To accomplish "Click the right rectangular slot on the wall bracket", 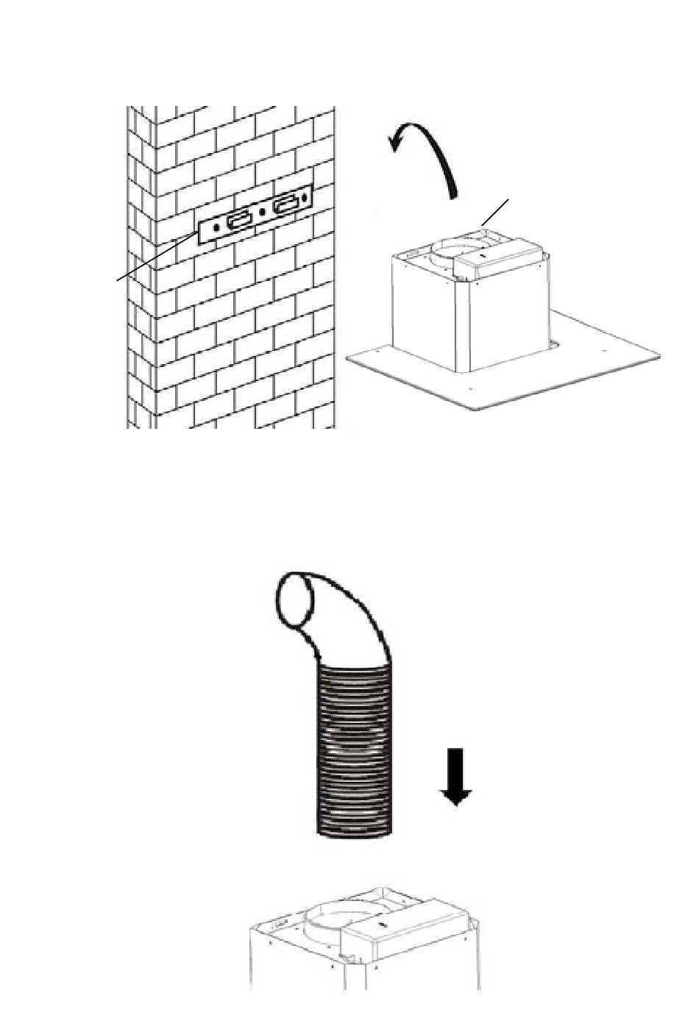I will point(287,204).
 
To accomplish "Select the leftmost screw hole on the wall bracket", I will point(216,228).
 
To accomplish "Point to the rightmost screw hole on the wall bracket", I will point(305,199).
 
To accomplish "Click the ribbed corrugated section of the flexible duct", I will point(355,750).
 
